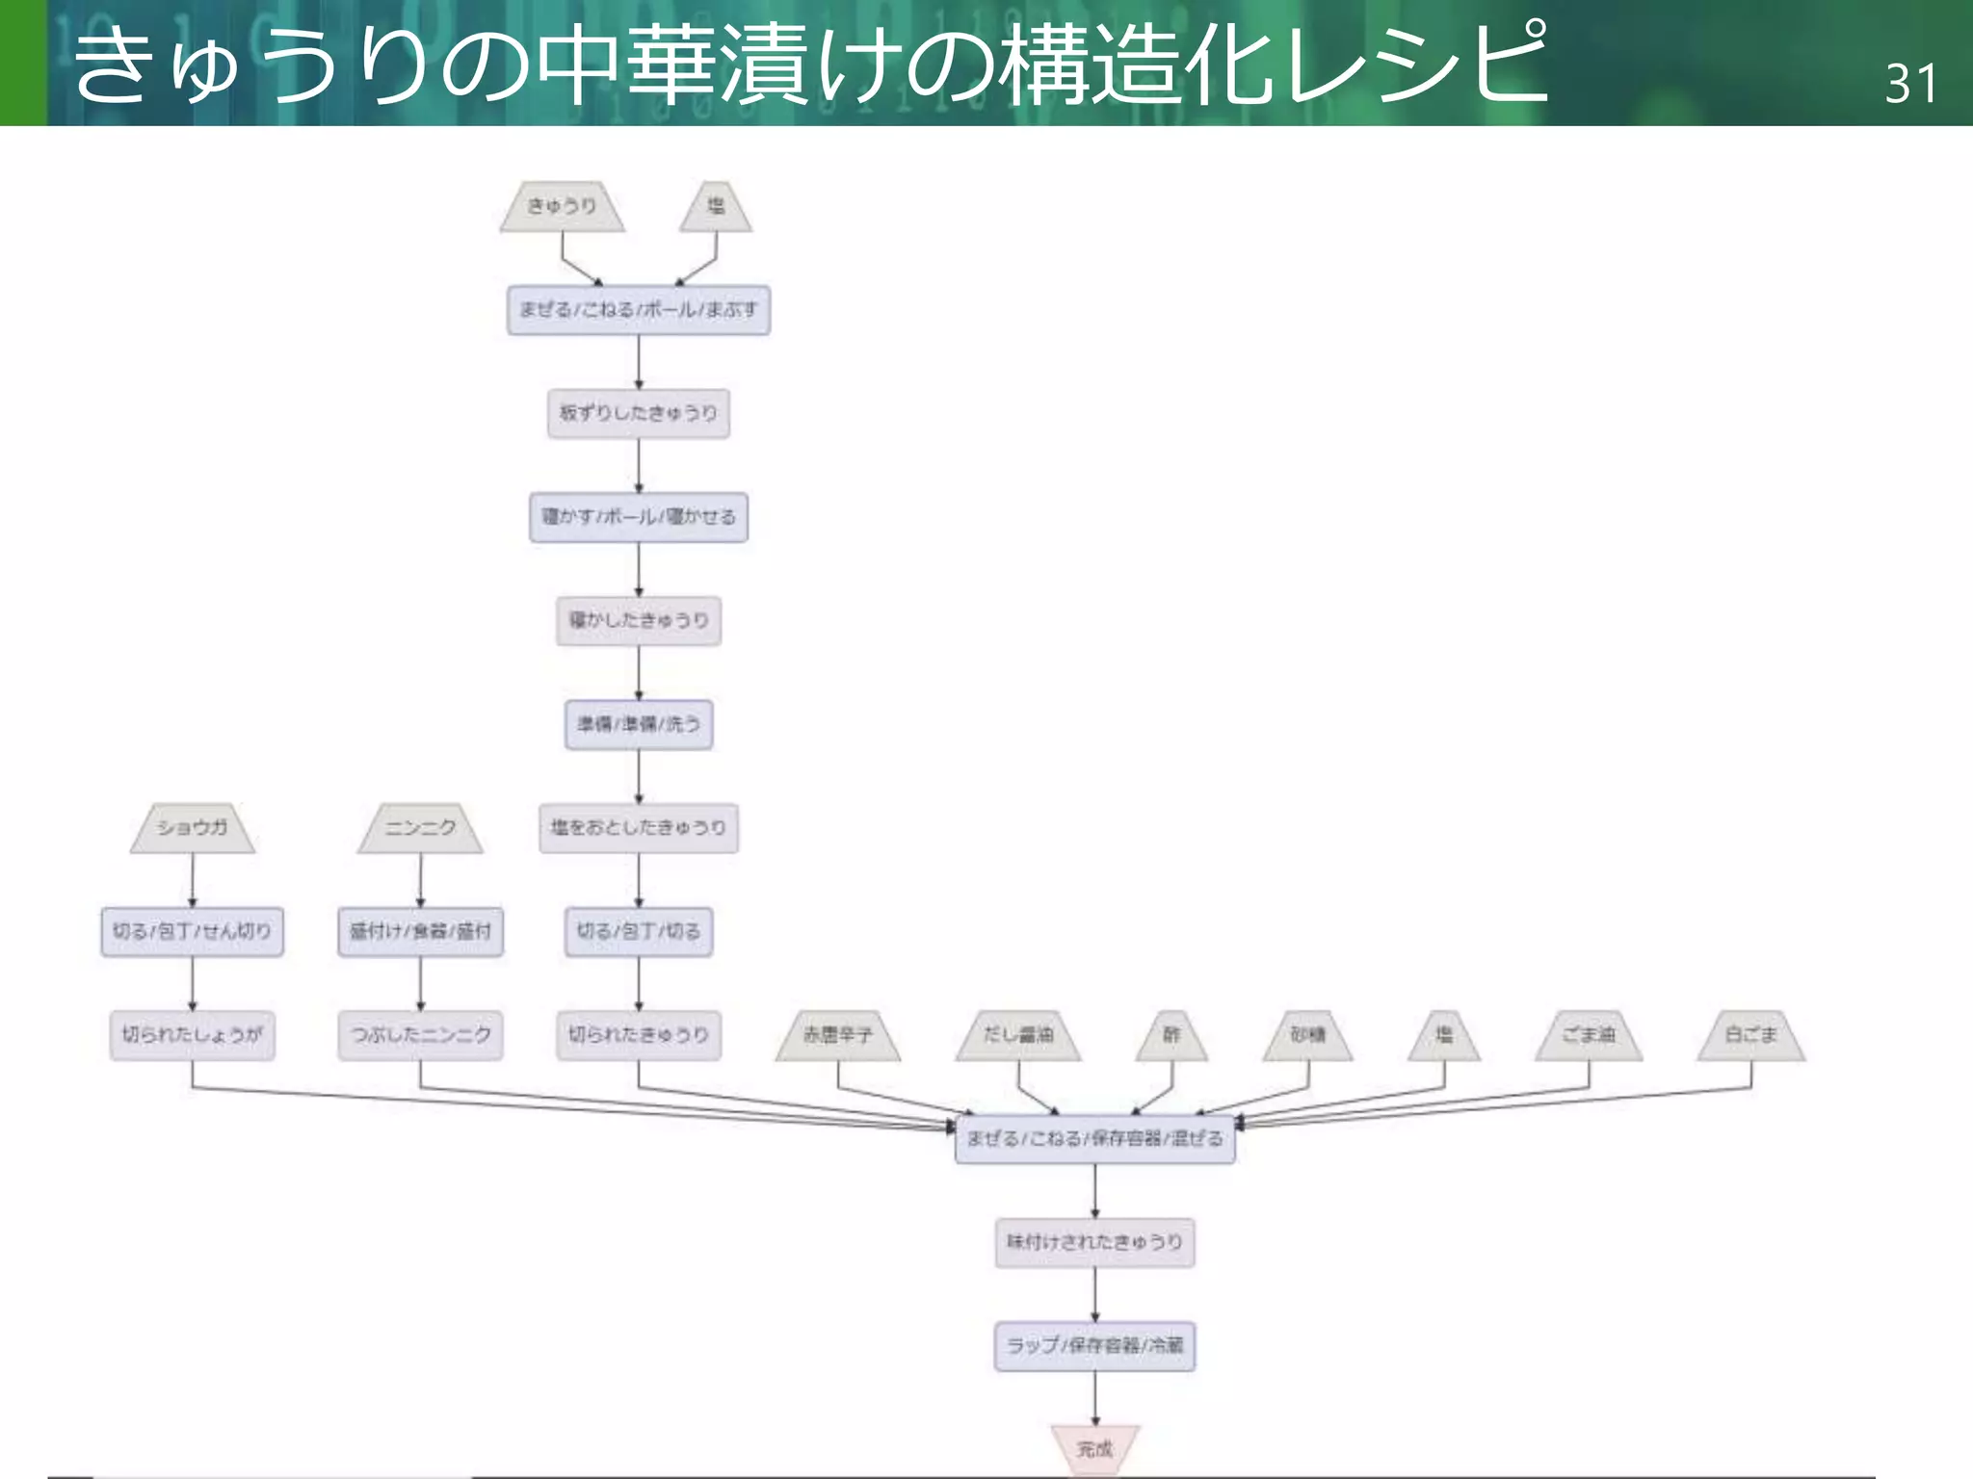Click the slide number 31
(1909, 84)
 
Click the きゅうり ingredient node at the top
(562, 206)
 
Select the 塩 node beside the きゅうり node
(716, 206)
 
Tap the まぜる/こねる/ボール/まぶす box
(638, 310)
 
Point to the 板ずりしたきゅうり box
(638, 413)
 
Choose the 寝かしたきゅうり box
(638, 620)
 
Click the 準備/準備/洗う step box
(638, 724)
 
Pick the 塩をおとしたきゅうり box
(638, 828)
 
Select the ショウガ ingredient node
(193, 828)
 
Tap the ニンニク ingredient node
(420, 828)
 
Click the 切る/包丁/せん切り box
(193, 931)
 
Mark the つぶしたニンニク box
(420, 1035)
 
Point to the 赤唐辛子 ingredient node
(838, 1035)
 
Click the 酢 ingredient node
(1171, 1035)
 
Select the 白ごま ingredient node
(1750, 1035)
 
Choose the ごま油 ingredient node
(1589, 1035)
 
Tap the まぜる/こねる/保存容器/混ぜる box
(1094, 1139)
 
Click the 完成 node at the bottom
(1094, 1449)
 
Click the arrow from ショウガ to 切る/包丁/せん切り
(193, 880)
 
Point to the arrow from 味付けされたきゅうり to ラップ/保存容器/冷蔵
(1094, 1294)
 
